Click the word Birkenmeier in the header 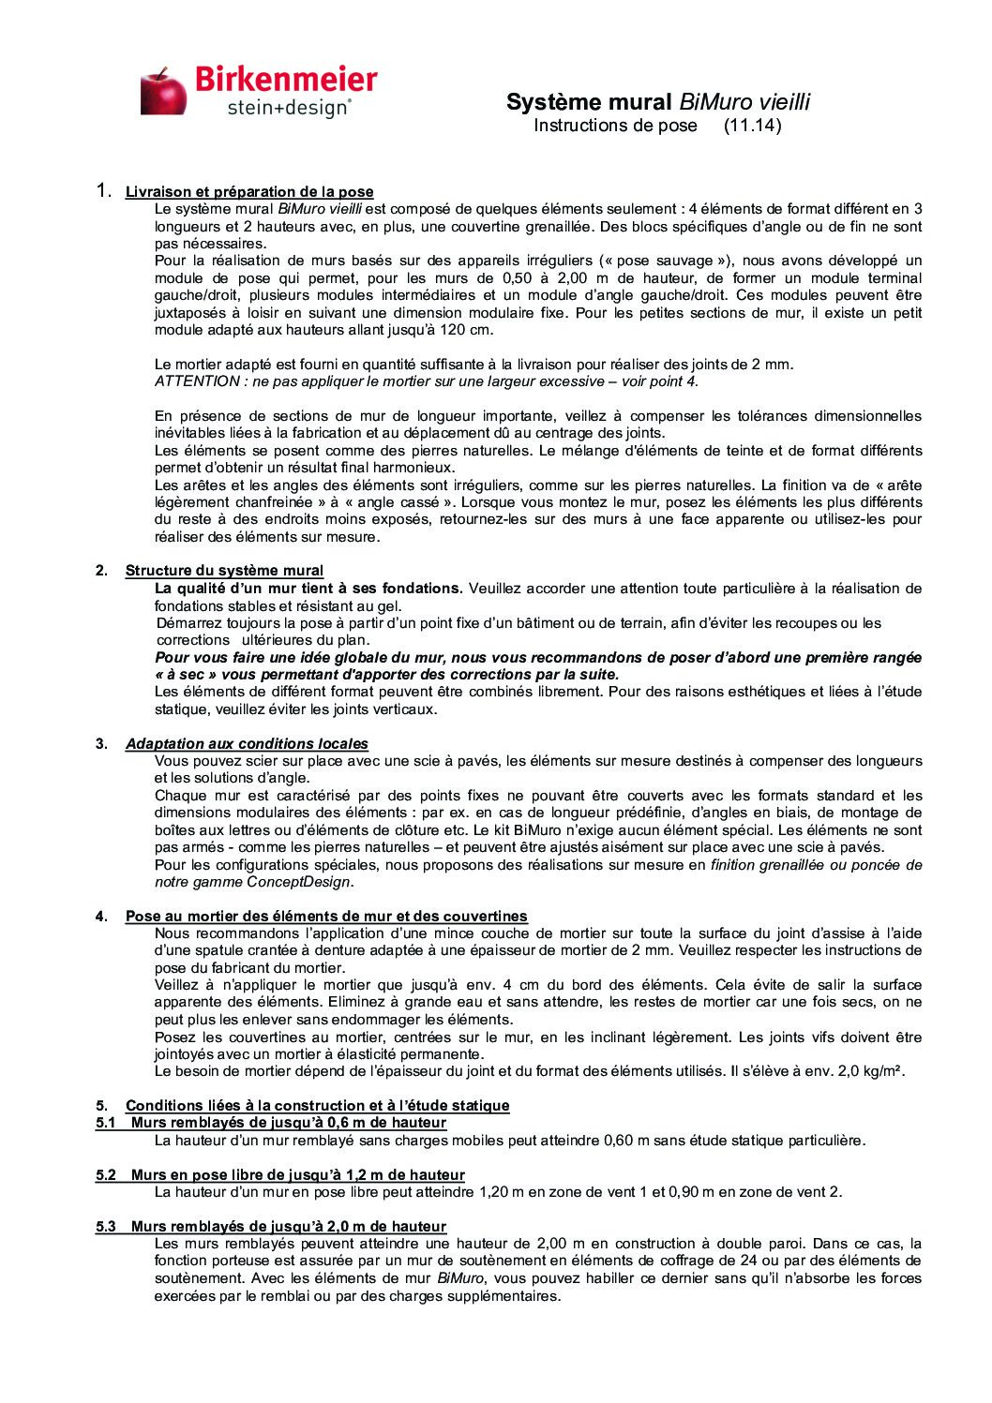click(286, 81)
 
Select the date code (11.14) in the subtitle click(753, 125)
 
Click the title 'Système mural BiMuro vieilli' click(657, 101)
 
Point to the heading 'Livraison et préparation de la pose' click(249, 192)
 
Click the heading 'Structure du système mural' click(224, 571)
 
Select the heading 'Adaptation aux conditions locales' click(247, 743)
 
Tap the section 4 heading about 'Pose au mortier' click(326, 916)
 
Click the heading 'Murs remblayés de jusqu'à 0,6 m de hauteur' click(288, 1123)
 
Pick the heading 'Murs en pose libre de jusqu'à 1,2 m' click(297, 1174)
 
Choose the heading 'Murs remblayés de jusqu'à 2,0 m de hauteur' click(288, 1226)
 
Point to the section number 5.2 click(105, 1174)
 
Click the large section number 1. click(105, 191)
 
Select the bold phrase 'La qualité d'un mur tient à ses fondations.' click(308, 589)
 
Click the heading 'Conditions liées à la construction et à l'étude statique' click(317, 1105)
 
